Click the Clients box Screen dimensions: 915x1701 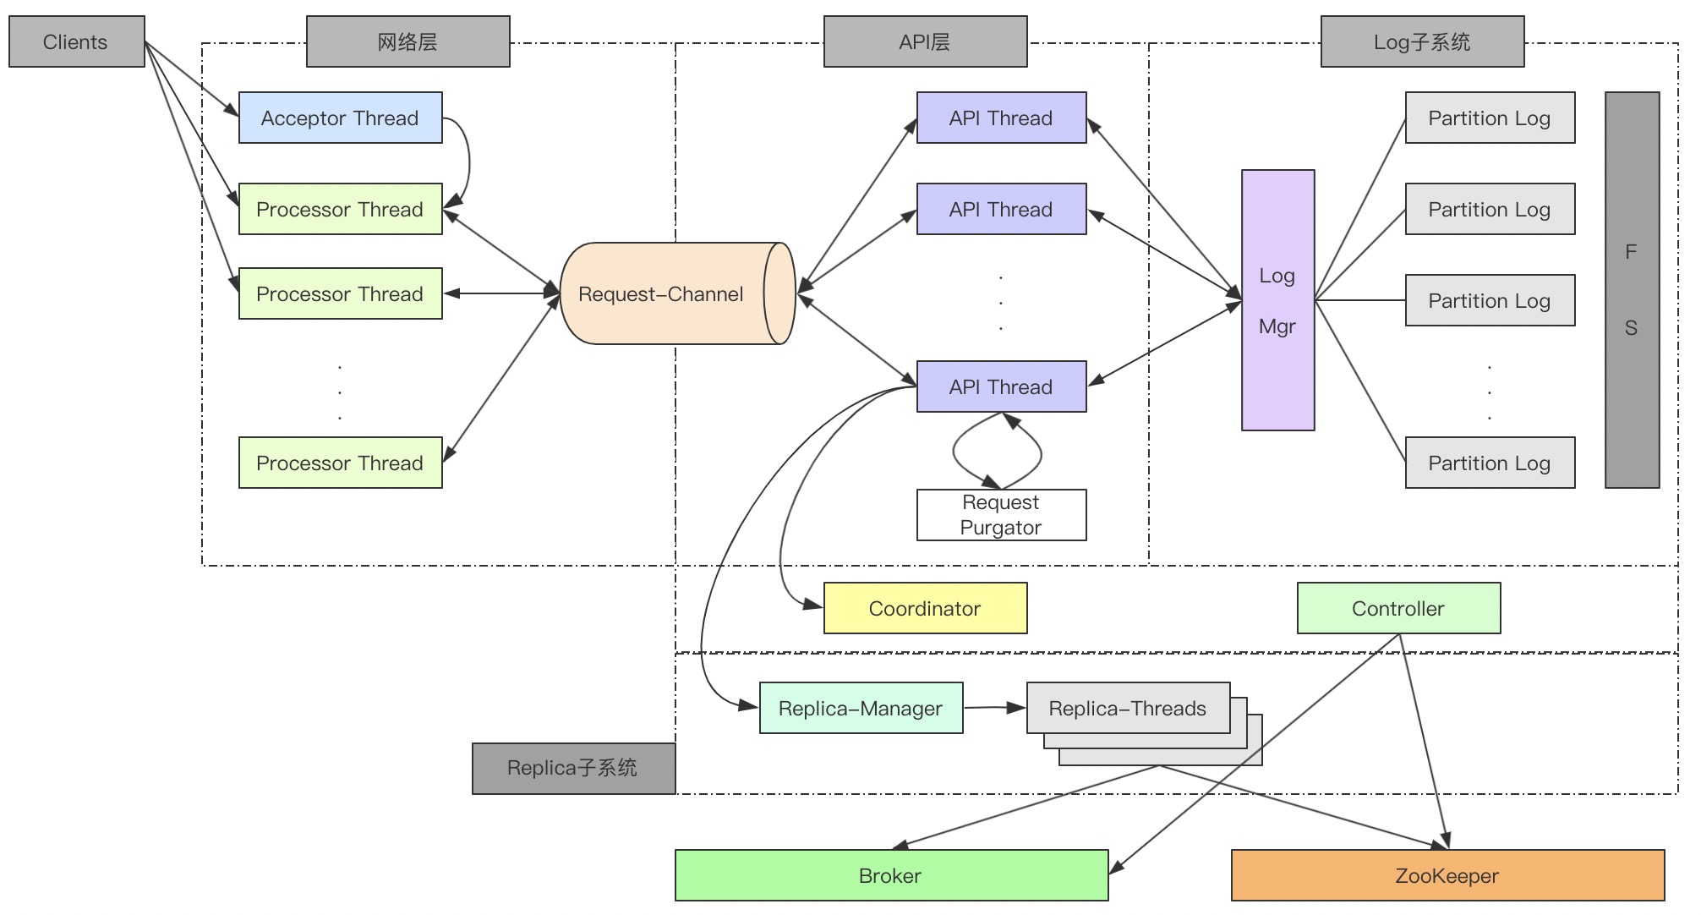(x=76, y=41)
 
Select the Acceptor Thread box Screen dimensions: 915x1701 (x=340, y=118)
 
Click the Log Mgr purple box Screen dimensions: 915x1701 (x=1277, y=300)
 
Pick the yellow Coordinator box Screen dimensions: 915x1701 (x=925, y=608)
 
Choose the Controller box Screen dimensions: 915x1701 (x=1398, y=608)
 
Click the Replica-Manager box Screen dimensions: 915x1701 (x=861, y=708)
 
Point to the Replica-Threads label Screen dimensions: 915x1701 (x=1128, y=708)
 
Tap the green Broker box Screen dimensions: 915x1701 (x=891, y=875)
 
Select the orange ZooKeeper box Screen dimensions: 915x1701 (x=1447, y=875)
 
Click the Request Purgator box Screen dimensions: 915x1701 (x=1001, y=515)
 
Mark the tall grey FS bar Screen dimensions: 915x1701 (x=1632, y=290)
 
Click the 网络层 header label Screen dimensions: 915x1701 (x=407, y=41)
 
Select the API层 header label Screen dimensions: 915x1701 (x=925, y=41)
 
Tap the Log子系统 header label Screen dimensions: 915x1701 (x=1422, y=41)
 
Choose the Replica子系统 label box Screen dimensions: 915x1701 (x=573, y=768)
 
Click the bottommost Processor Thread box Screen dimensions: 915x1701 (x=340, y=463)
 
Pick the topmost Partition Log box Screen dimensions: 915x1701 (x=1490, y=118)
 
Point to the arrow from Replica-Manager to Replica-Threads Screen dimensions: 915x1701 (x=994, y=707)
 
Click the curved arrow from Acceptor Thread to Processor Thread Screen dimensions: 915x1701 (x=468, y=161)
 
